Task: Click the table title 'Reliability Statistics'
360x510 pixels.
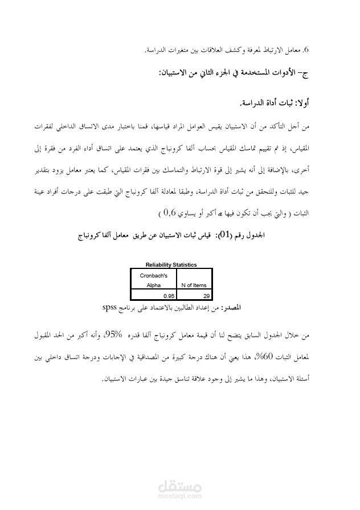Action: [x=171, y=264]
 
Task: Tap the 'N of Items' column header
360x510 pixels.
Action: [x=194, y=285]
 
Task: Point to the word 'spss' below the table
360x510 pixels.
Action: [x=110, y=307]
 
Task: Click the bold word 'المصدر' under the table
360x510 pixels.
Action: [x=232, y=307]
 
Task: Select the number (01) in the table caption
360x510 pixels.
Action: [x=212, y=234]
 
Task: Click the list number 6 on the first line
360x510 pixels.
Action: [x=305, y=51]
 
